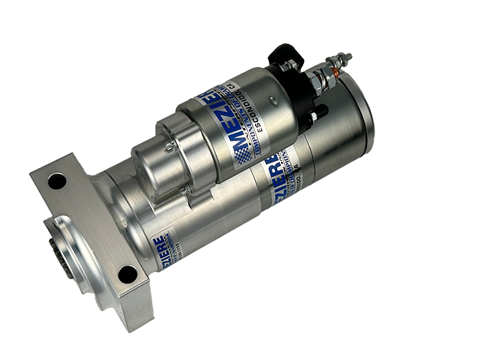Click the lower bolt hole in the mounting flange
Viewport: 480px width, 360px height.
128,274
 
